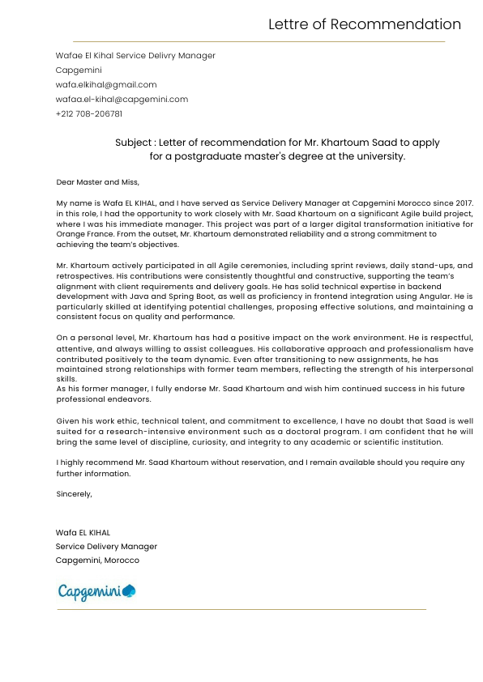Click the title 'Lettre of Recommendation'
[x=365, y=24]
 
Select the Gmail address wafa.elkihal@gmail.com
[x=105, y=84]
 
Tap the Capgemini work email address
[x=122, y=99]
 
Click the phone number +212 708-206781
[x=89, y=113]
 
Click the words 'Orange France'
[x=80, y=234]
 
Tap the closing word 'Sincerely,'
[x=75, y=493]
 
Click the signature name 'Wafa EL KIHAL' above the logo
[x=83, y=532]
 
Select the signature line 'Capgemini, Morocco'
[x=97, y=560]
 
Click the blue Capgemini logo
[x=96, y=591]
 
